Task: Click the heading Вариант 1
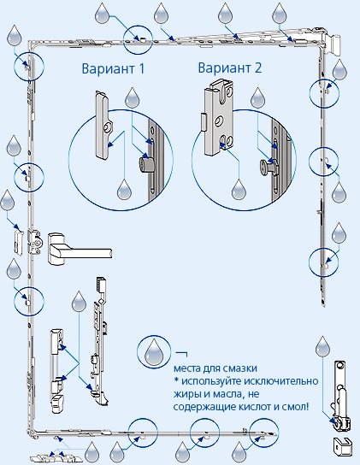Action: (x=113, y=68)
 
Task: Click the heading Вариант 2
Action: (x=230, y=68)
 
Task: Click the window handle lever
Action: (x=80, y=249)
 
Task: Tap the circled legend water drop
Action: (x=153, y=350)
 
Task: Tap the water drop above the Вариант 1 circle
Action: (x=132, y=97)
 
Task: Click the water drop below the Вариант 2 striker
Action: (x=239, y=189)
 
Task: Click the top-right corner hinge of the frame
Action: (x=330, y=43)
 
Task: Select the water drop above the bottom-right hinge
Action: (x=322, y=346)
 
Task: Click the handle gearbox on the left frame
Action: (x=35, y=242)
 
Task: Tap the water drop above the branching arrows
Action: (x=79, y=301)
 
